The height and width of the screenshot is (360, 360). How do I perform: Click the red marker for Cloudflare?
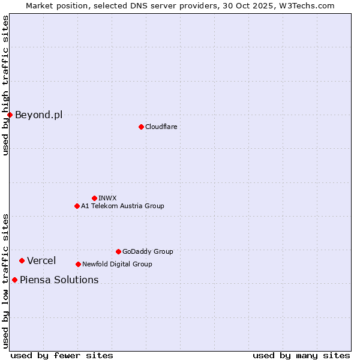[141, 127]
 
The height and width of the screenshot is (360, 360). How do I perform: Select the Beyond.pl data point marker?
[10, 115]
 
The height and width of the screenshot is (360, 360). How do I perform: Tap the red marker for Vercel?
[22, 260]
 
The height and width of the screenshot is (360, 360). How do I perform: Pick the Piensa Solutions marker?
[14, 280]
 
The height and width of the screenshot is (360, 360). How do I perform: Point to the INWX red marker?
[94, 198]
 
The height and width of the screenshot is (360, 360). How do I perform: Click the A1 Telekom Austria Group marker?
[77, 206]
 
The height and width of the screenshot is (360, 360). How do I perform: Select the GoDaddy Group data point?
[118, 251]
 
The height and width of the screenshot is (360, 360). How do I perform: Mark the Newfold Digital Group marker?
[78, 264]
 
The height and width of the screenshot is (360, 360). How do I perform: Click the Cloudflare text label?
[161, 127]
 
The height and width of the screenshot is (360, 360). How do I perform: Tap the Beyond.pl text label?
[38, 115]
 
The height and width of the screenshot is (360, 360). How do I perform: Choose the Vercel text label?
[41, 260]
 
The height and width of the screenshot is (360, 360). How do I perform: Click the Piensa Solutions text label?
[59, 280]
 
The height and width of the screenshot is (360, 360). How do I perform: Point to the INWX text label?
[108, 198]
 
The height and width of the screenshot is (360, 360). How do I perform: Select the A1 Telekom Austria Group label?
[122, 206]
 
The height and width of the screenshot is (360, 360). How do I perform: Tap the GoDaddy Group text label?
[148, 251]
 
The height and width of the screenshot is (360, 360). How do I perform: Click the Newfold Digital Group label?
[117, 264]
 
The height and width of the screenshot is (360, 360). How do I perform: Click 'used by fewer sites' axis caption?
[62, 355]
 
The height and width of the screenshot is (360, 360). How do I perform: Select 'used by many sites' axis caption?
[301, 355]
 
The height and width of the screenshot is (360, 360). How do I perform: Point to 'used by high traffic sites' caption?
[5, 86]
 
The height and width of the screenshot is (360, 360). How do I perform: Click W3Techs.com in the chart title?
[305, 5]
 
